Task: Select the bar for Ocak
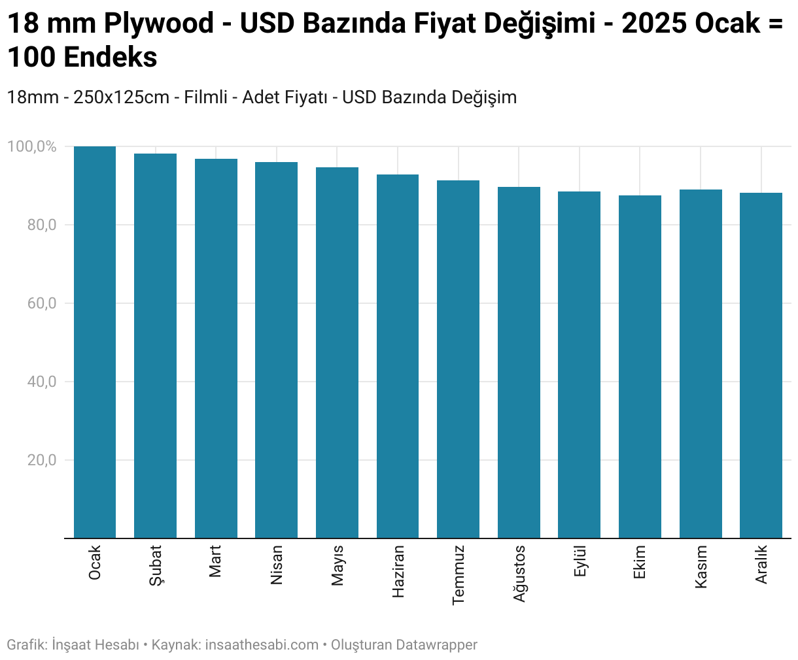click(95, 342)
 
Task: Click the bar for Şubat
click(155, 346)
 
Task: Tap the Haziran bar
click(398, 356)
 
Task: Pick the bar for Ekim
click(640, 367)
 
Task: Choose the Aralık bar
click(761, 365)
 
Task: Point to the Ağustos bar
click(519, 363)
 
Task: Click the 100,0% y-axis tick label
click(31, 146)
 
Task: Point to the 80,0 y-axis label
click(42, 225)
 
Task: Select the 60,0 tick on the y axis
click(42, 303)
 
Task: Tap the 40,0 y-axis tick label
click(42, 382)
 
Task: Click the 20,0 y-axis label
click(42, 460)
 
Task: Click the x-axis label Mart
click(215, 561)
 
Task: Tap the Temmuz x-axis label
click(458, 575)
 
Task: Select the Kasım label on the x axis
click(701, 567)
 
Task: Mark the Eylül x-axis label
click(580, 561)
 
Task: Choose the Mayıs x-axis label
click(338, 565)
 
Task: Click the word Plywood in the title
click(158, 24)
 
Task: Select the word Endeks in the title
click(111, 58)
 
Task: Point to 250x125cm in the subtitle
click(121, 97)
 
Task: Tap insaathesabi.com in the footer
click(262, 645)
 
